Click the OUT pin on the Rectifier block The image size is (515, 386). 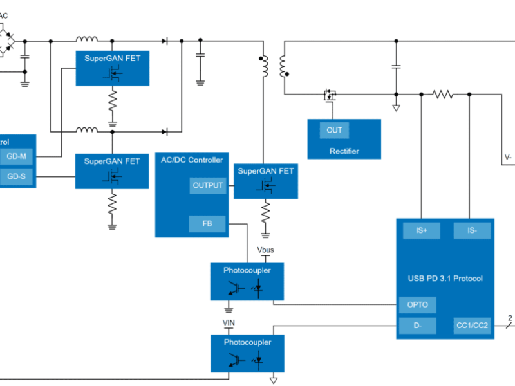coord(334,130)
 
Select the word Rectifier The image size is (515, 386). coord(344,151)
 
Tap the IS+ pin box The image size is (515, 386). coord(422,230)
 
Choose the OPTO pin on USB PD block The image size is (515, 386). coord(417,305)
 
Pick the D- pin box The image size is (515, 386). coord(417,326)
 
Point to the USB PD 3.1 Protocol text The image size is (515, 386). coord(445,279)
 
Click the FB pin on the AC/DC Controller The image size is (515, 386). coord(207,224)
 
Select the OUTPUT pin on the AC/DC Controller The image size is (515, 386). coord(208,185)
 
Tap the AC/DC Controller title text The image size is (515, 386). coord(192,160)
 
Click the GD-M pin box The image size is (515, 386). coord(17,156)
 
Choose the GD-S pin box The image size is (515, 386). coord(17,177)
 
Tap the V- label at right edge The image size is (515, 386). coord(508,156)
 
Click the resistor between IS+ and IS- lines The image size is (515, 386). coord(443,95)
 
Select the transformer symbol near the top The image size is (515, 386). coord(273,66)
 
